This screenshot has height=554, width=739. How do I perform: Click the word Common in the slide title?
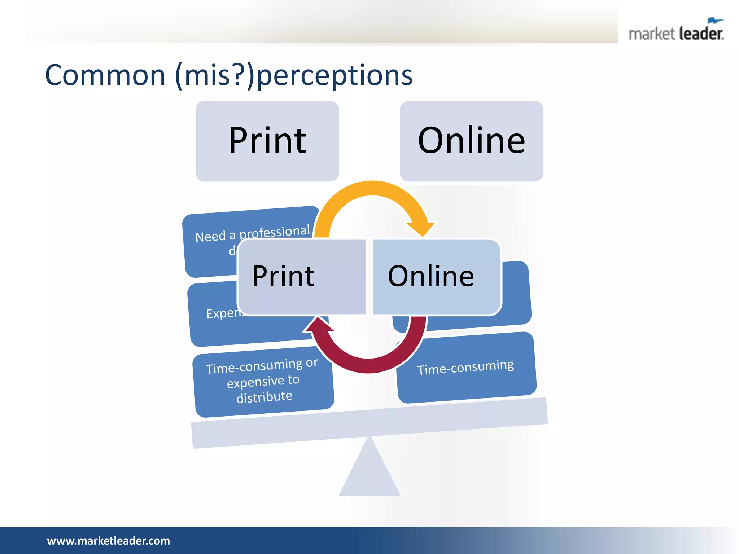point(105,75)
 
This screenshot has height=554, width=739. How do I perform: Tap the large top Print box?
point(267,141)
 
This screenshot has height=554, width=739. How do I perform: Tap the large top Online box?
point(471,141)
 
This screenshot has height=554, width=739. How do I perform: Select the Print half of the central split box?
point(302,277)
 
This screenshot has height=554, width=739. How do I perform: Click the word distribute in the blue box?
point(264,397)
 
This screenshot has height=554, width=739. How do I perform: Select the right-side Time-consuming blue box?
point(465,368)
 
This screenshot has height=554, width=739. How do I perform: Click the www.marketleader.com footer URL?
point(108,541)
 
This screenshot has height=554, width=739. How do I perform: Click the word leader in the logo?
point(701,34)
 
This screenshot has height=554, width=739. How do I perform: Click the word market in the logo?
point(651,34)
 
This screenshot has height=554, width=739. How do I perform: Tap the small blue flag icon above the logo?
point(715,21)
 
